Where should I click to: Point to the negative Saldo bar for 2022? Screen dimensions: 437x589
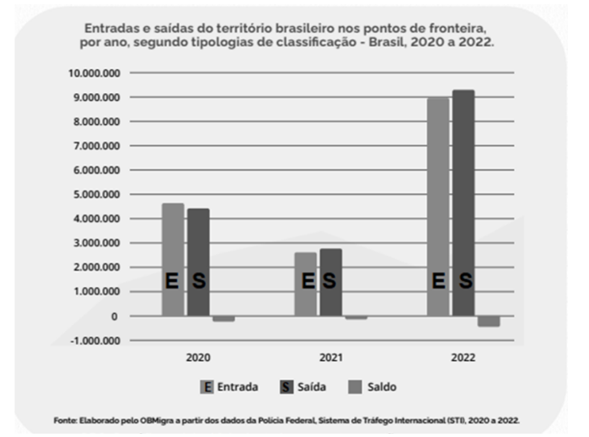click(489, 321)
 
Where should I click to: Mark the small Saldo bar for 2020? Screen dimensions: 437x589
click(223, 319)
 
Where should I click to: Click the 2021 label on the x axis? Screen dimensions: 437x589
click(330, 358)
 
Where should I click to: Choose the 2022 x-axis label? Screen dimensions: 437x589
click(463, 358)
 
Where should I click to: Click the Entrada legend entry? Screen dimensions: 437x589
click(231, 387)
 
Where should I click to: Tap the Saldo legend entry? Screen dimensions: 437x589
click(380, 387)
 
